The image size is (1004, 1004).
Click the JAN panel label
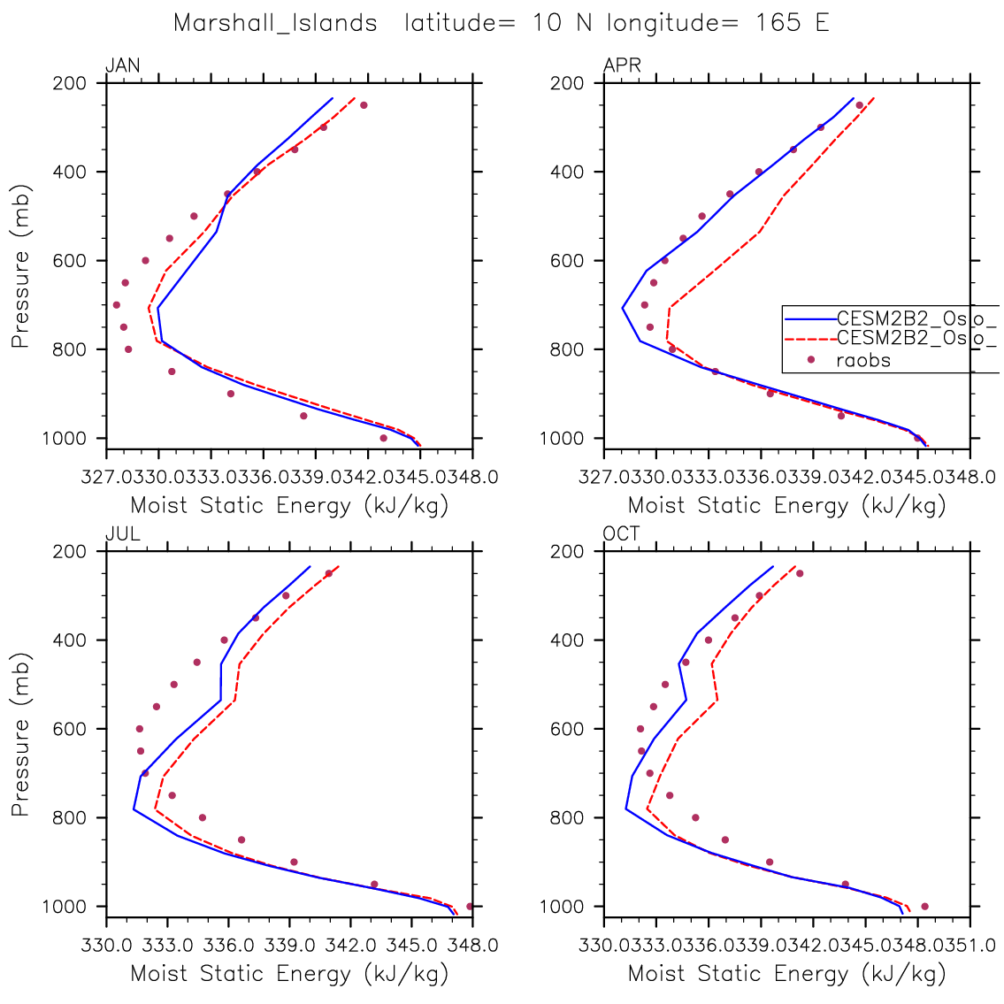coord(122,65)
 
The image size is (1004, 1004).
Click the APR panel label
coord(622,65)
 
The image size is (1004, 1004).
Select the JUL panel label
coord(122,534)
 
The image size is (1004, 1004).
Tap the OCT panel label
coord(622,534)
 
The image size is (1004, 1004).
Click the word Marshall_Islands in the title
coord(275,23)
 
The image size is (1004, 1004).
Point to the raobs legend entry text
coord(863,360)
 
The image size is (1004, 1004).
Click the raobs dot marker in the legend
coord(810,359)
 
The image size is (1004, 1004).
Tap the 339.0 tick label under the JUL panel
coord(289,945)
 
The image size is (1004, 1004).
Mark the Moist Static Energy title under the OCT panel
coord(786,974)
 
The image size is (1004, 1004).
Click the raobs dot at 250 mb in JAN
coord(364,105)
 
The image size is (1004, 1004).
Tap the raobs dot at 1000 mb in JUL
coord(470,906)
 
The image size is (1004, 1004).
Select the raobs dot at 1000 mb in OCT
coord(924,906)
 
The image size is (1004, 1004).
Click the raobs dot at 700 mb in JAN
coord(117,304)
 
